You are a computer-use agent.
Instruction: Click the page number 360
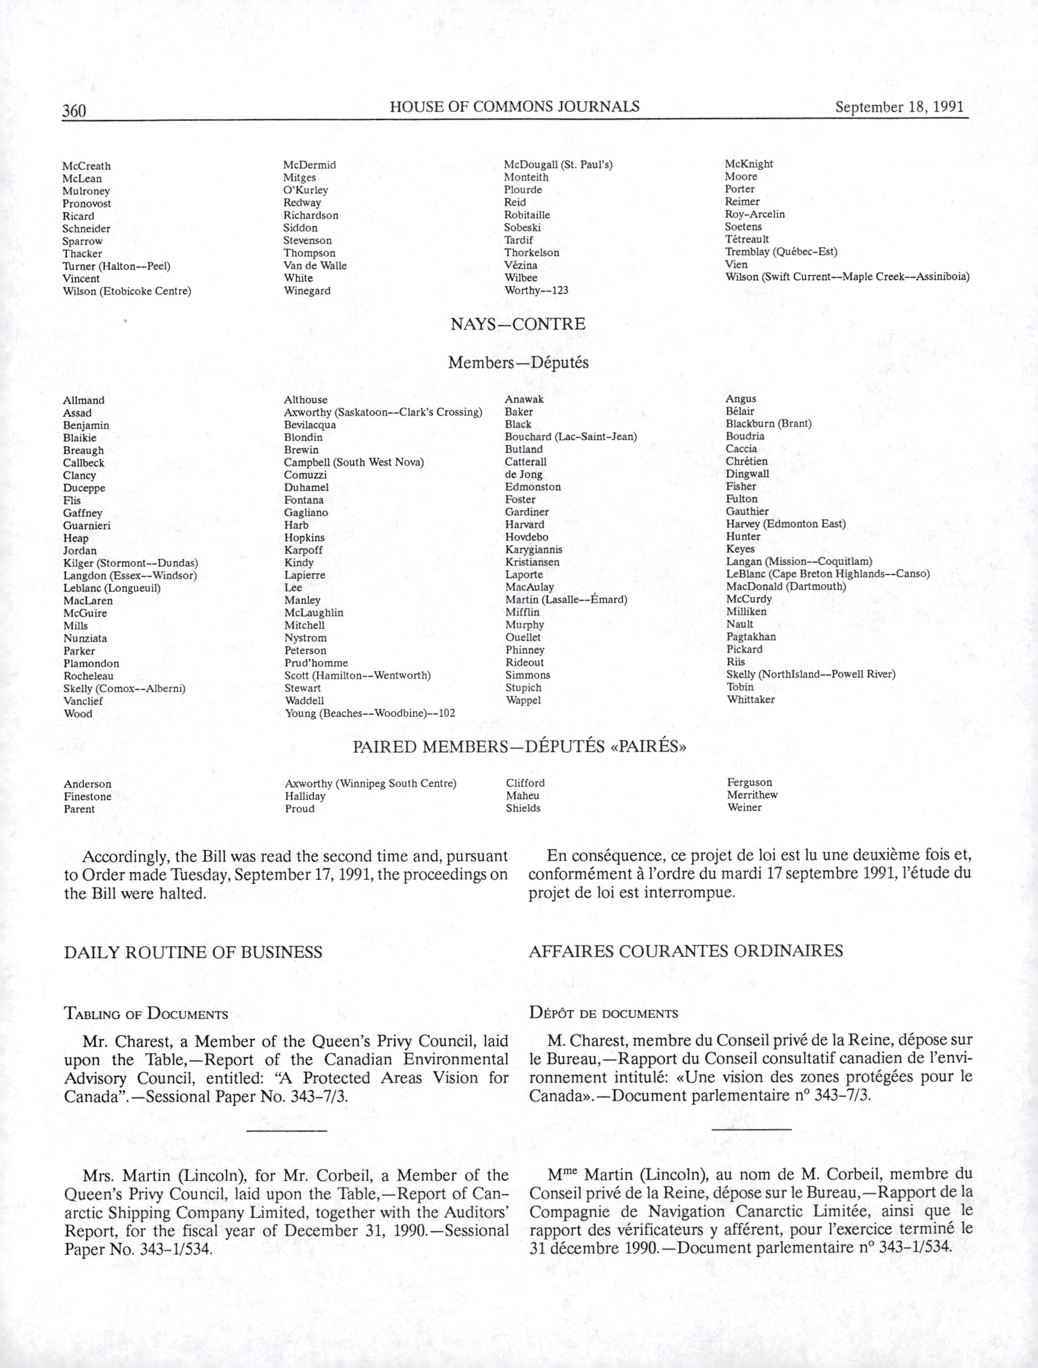(73, 111)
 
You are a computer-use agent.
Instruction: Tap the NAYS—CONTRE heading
(517, 324)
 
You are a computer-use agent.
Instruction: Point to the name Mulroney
(86, 191)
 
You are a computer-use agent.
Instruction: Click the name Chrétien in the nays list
(746, 461)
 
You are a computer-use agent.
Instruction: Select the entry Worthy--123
(536, 290)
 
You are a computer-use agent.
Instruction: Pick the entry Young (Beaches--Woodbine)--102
(370, 713)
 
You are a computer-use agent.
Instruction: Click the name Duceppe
(84, 488)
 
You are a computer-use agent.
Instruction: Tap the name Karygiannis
(534, 549)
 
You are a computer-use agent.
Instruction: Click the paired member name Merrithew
(752, 795)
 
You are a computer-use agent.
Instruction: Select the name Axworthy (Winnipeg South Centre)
(370, 784)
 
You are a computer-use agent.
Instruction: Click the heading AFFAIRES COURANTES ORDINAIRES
(685, 951)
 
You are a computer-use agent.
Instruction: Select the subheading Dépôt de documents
(603, 1013)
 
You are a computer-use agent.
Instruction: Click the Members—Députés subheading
(518, 363)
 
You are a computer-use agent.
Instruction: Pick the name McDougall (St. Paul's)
(558, 165)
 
